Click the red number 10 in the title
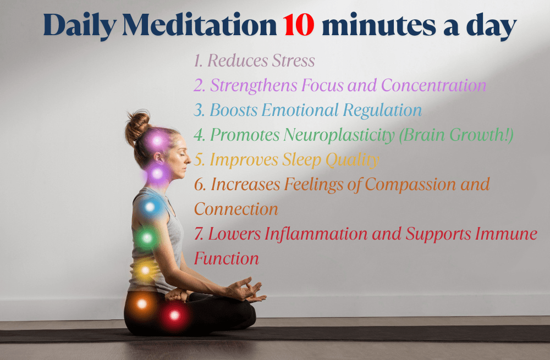[x=299, y=25]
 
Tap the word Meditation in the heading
[x=199, y=25]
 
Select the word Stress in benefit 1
[x=294, y=60]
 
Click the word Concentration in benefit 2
[x=433, y=85]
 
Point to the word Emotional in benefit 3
[x=300, y=110]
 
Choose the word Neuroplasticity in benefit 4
[x=339, y=135]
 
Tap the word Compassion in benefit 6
[x=410, y=185]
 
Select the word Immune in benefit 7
[x=506, y=234]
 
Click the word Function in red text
[x=227, y=259]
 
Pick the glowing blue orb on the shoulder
[x=150, y=207]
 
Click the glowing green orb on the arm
[x=147, y=238]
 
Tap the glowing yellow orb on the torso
[x=145, y=270]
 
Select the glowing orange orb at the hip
[x=142, y=303]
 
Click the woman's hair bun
[x=137, y=126]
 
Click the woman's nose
[x=188, y=160]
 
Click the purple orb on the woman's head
[x=157, y=141]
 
